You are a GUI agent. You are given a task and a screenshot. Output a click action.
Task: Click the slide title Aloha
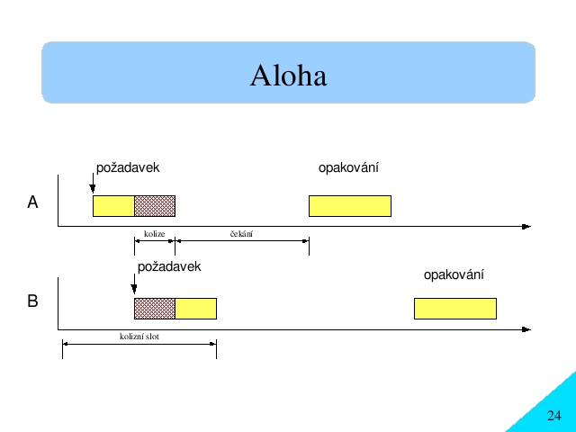288,76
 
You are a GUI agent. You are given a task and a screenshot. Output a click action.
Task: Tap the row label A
32,202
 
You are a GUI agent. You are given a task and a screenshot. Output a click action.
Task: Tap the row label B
32,301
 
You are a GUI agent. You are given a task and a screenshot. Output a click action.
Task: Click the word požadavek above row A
128,168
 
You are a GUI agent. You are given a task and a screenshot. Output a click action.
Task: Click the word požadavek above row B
169,266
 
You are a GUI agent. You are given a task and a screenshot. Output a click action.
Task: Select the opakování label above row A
348,168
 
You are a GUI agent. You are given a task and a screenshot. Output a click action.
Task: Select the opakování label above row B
454,274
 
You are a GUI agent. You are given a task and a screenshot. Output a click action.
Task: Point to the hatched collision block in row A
155,206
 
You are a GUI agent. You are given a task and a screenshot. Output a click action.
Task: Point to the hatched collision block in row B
155,309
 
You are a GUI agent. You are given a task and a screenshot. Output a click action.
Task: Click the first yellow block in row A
113,206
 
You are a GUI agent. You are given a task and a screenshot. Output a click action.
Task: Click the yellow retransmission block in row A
350,206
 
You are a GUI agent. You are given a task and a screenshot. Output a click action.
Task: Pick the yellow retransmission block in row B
455,309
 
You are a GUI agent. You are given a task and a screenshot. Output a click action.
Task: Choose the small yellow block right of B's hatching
196,309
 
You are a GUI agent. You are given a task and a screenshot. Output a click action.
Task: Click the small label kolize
154,234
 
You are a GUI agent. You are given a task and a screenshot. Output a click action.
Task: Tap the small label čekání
241,234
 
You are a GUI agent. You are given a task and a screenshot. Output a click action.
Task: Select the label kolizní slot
139,337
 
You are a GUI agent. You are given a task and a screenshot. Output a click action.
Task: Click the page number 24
554,416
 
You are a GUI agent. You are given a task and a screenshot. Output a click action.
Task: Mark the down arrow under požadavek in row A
93,183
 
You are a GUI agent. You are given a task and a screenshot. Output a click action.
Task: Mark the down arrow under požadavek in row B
134,284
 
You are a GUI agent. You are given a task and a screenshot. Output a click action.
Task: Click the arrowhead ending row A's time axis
526,227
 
